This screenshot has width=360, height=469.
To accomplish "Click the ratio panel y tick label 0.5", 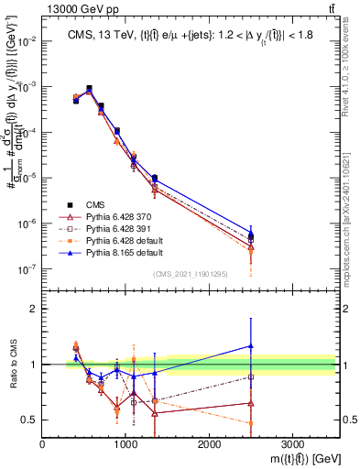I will click(x=29, y=420).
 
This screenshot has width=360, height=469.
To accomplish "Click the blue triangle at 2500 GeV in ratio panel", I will click(x=251, y=345).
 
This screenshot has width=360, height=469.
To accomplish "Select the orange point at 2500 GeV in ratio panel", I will click(x=251, y=422).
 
